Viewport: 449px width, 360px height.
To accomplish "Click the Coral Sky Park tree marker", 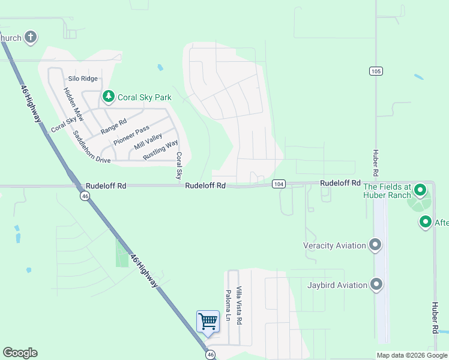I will (x=108, y=96).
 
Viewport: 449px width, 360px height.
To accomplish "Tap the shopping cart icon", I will (x=208, y=320).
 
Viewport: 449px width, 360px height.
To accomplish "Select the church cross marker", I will (x=29, y=38).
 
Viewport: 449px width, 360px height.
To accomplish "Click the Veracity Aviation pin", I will (x=376, y=245).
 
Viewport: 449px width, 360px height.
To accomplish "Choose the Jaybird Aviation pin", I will (x=376, y=284).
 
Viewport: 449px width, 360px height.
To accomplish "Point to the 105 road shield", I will (x=376, y=71).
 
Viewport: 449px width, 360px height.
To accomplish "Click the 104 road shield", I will (x=278, y=183).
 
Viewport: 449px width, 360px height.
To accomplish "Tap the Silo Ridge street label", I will (x=83, y=79).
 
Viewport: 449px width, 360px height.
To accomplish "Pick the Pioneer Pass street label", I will (x=131, y=136).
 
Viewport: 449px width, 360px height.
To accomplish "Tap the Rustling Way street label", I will (x=160, y=150).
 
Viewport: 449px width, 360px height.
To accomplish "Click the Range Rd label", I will (x=113, y=126).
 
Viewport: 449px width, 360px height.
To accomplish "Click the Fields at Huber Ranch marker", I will (x=420, y=190).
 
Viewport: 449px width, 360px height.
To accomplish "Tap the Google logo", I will (x=20, y=353).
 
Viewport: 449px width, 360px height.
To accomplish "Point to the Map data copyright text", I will (x=412, y=355).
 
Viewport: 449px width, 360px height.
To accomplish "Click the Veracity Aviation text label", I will (x=335, y=245).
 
